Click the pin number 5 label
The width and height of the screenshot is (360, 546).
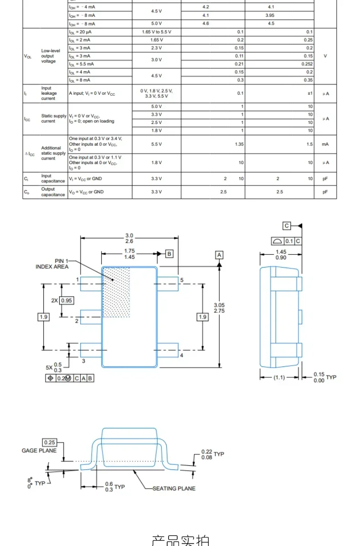pyautogui.click(x=181, y=280)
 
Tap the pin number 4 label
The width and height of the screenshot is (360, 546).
pyautogui.click(x=181, y=355)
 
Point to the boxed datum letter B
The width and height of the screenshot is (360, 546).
pyautogui.click(x=169, y=253)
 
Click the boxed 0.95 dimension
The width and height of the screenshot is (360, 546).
pyautogui.click(x=67, y=300)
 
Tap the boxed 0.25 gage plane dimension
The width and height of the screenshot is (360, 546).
pyautogui.click(x=49, y=442)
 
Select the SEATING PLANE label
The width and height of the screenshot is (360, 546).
pyautogui.click(x=174, y=488)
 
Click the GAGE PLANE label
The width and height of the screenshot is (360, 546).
pyautogui.click(x=39, y=450)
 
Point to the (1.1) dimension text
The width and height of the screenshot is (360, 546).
pyautogui.click(x=279, y=377)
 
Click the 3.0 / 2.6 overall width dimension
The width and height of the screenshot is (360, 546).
pyautogui.click(x=129, y=238)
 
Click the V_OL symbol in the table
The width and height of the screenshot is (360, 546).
pyautogui.click(x=28, y=56)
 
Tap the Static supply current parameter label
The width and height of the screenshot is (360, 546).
pyautogui.click(x=54, y=118)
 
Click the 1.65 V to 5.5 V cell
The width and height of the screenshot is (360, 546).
pyautogui.click(x=156, y=32)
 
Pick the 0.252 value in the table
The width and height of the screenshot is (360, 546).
pyautogui.click(x=307, y=64)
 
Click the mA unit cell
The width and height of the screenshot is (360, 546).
pyautogui.click(x=325, y=144)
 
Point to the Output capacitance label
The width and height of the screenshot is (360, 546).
pyautogui.click(x=53, y=192)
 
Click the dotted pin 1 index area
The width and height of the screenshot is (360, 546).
pyautogui.click(x=117, y=292)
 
